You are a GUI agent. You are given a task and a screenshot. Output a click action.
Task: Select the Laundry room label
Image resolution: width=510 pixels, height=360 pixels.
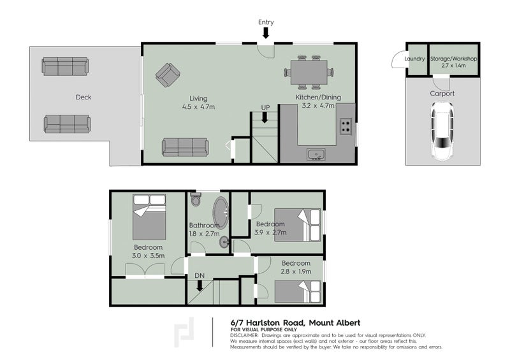pos(415,59)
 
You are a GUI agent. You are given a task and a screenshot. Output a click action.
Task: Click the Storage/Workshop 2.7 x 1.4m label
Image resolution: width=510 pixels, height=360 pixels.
pos(453,62)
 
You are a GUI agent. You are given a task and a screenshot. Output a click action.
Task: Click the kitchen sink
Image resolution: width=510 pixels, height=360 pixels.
pos(316,154)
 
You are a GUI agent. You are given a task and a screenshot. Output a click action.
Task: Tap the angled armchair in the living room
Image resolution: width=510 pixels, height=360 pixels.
pos(168,75)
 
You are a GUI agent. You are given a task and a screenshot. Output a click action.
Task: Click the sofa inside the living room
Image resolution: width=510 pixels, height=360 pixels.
pos(185,147)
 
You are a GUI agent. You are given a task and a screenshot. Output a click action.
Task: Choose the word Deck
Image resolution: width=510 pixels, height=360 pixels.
pos(84,97)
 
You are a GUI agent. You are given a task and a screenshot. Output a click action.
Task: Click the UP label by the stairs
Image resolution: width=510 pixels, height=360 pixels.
pos(266,107)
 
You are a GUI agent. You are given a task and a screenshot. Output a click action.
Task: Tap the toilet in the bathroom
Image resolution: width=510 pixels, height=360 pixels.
pos(196,200)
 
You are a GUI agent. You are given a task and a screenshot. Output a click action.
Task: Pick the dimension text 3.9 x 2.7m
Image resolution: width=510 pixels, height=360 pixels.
pos(271,233)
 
